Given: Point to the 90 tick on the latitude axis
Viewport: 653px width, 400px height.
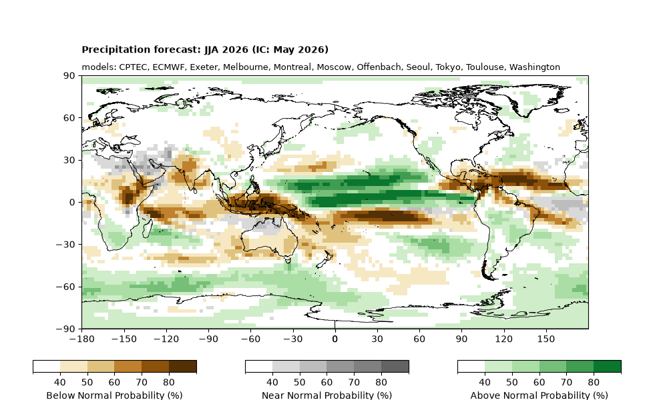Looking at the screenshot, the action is tap(69, 76).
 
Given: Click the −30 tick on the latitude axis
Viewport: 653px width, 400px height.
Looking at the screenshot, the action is tap(65, 245).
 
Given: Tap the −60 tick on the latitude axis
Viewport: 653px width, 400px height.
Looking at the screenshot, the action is tap(65, 287).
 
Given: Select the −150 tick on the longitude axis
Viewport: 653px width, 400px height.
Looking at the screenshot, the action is tap(124, 339).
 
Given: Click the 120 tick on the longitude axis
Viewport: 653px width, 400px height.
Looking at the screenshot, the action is tap(503, 339).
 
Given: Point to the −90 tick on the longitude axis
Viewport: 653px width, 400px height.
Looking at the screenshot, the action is tap(208, 339).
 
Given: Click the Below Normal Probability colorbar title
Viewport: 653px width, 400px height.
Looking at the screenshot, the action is tap(115, 395).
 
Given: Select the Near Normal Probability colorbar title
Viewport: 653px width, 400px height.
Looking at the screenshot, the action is tap(326, 395).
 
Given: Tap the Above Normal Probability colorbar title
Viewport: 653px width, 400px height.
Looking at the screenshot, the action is tap(539, 395).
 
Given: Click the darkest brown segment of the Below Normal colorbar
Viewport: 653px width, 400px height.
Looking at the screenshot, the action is tap(183, 366).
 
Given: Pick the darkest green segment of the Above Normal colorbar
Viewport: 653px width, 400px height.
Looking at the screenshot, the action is tap(607, 366).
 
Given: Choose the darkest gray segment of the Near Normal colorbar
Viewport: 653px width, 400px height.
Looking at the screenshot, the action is tap(395, 366).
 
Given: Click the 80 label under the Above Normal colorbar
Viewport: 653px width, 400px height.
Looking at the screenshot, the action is tap(594, 382).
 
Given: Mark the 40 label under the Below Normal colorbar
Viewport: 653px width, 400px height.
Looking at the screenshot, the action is tap(60, 382).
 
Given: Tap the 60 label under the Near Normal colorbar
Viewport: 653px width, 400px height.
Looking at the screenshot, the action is tap(326, 382).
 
